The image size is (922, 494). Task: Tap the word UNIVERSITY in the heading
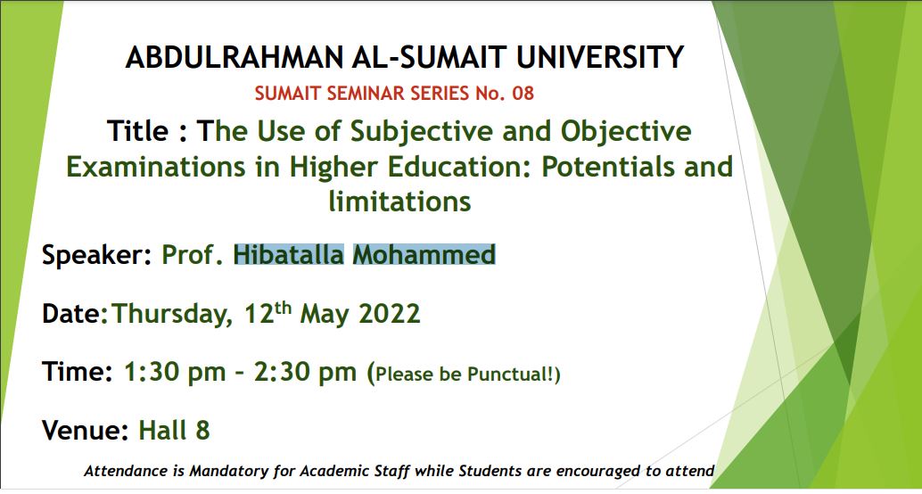click(x=600, y=58)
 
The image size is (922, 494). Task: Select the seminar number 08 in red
click(x=523, y=94)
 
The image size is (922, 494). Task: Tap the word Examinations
click(x=156, y=167)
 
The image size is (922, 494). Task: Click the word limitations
click(x=399, y=202)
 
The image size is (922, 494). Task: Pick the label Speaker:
click(x=97, y=256)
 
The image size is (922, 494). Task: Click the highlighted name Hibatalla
click(x=289, y=255)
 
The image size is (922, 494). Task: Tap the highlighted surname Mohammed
click(x=424, y=255)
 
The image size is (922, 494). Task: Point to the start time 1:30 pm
click(x=175, y=372)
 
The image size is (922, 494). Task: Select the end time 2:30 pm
click(x=305, y=372)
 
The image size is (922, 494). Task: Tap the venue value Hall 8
click(x=174, y=431)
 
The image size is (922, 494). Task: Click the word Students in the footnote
click(x=491, y=471)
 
